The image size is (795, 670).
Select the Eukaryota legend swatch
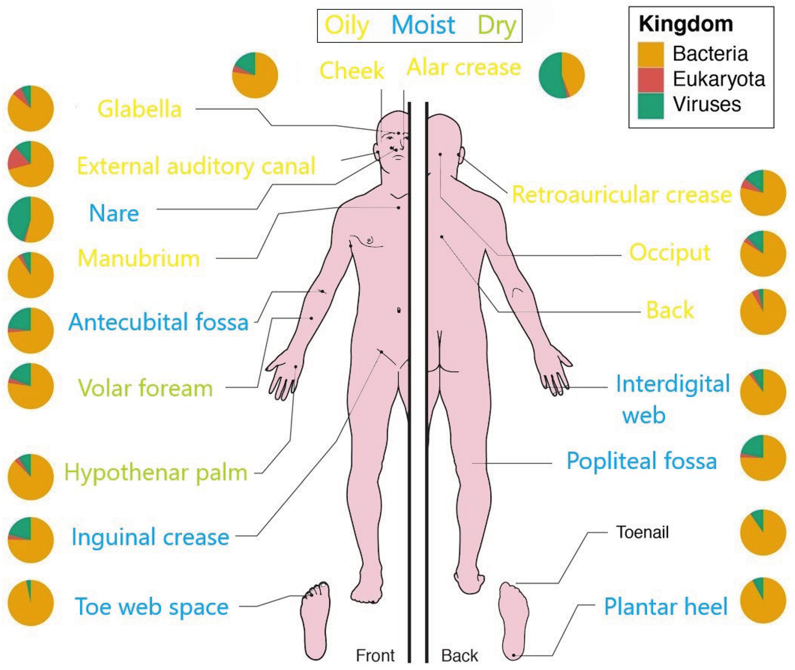650,80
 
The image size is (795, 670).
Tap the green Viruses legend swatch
650,106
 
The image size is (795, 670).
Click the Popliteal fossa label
641,461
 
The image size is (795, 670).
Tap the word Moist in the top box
423,25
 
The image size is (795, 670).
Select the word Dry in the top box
497,25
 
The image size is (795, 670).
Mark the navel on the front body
398,310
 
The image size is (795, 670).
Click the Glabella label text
139,109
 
